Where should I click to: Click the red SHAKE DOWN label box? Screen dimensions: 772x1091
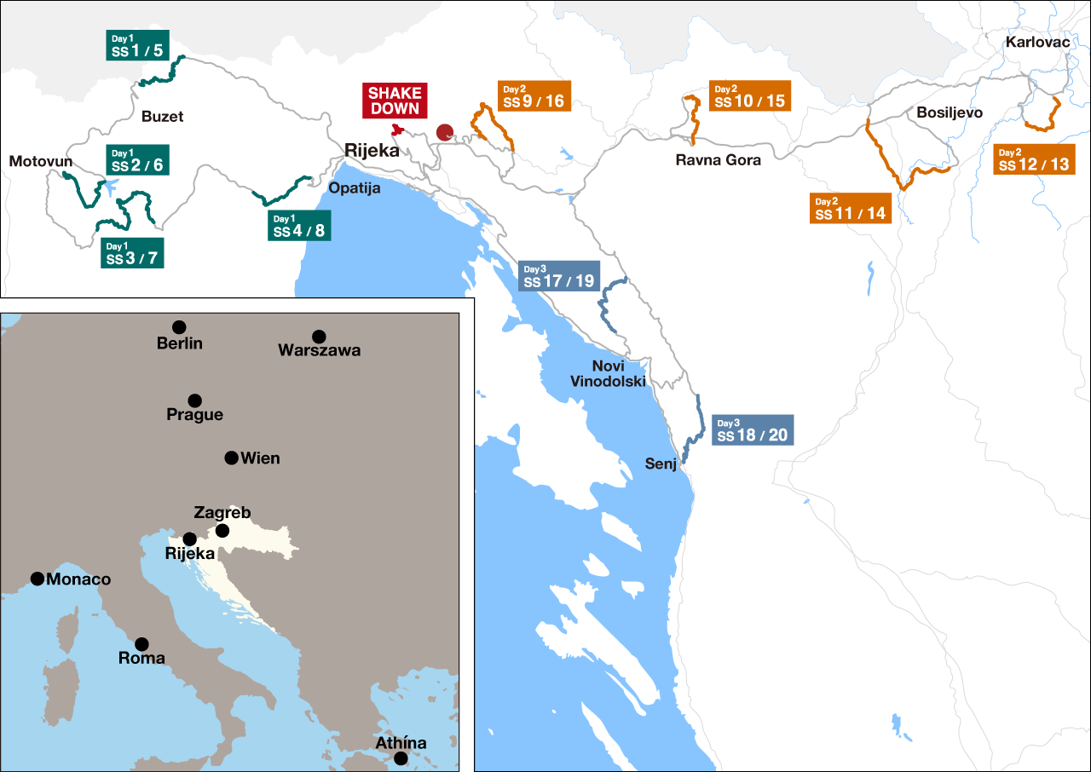[394, 101]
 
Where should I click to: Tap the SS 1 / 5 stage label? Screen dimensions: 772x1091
[136, 46]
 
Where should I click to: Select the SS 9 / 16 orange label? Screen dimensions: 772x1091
[534, 96]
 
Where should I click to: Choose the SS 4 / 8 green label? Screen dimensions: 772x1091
[299, 226]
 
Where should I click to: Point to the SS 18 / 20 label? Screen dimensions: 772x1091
[753, 430]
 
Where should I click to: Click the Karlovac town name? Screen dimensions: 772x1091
[1037, 42]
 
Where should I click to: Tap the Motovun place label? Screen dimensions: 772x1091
[41, 162]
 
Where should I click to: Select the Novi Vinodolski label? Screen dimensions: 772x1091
[609, 373]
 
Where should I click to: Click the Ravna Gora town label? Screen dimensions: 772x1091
[718, 159]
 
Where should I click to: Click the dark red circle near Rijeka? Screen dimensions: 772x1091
[444, 132]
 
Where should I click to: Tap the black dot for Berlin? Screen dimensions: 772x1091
[179, 327]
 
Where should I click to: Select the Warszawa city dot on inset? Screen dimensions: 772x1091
[319, 337]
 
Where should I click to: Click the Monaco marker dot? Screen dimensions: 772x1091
[38, 579]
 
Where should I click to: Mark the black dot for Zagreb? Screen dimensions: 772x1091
[222, 531]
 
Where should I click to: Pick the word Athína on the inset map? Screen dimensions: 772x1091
[401, 743]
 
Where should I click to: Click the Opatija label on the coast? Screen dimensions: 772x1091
[355, 187]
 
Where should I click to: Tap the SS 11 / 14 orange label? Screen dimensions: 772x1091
[850, 209]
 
